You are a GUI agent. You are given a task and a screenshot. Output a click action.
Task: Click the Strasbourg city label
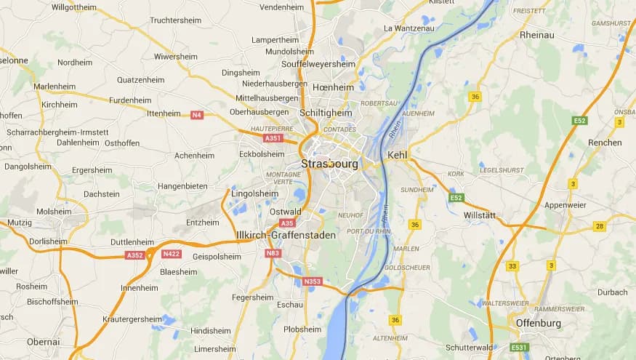pos(329,164)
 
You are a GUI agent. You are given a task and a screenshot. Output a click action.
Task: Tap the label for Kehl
pos(398,155)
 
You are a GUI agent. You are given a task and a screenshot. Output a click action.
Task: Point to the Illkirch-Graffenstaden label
pos(276,235)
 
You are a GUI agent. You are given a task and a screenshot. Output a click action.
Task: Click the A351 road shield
pos(273,137)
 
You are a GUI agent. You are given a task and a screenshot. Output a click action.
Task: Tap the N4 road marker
pos(196,115)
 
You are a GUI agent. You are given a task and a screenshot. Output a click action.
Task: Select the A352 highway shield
pos(134,255)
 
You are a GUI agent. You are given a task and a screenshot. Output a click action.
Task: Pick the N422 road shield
pos(172,254)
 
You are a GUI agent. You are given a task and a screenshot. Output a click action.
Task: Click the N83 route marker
pos(273,253)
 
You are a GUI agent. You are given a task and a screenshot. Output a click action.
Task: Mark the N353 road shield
pos(313,281)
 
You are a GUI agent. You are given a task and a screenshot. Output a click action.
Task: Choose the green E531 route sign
pos(518,348)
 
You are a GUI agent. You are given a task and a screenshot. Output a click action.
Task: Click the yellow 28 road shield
pos(599,226)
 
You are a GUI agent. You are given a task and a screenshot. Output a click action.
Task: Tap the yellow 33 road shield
pos(512,266)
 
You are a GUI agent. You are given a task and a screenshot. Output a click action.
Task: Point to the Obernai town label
pos(44,341)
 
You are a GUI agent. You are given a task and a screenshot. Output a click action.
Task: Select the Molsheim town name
pos(54,211)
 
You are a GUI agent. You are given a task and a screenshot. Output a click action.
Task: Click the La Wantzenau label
pos(408,28)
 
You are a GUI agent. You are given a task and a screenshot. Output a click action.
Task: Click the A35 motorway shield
pos(287,223)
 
